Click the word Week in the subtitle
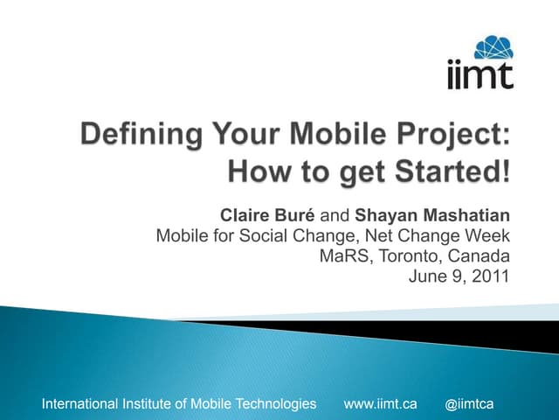tap(488, 235)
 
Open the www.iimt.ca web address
tap(381, 403)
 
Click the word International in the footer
tap(79, 403)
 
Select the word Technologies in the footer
tap(277, 403)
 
